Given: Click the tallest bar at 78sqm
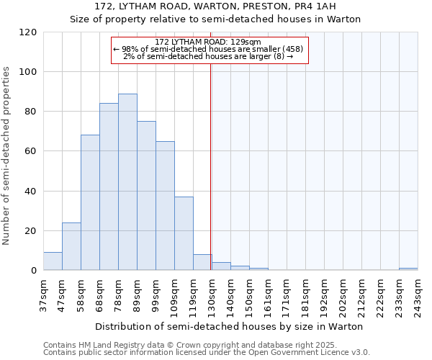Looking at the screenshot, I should pyautogui.click(x=127, y=182).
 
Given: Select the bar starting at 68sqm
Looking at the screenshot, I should pyautogui.click(x=109, y=187).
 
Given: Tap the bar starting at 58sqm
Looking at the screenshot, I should pyautogui.click(x=90, y=203).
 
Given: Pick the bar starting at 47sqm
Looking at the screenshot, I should pyautogui.click(x=71, y=246).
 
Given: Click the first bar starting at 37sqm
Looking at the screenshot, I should pyautogui.click(x=53, y=261).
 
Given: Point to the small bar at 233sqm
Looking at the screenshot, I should pyautogui.click(x=408, y=269).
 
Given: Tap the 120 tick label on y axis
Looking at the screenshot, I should pyautogui.click(x=28, y=32).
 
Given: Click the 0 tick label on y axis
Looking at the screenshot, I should pyautogui.click(x=34, y=271).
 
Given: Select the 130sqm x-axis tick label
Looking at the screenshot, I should pyautogui.click(x=211, y=295).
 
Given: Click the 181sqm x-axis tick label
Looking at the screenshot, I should pyautogui.click(x=305, y=295).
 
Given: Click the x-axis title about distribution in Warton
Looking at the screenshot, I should pyautogui.click(x=229, y=326).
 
